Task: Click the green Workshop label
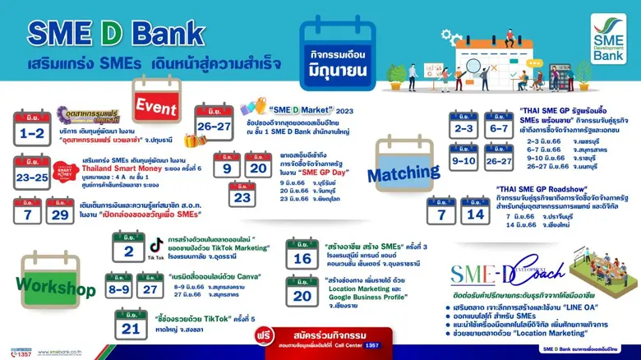coord(58,289)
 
